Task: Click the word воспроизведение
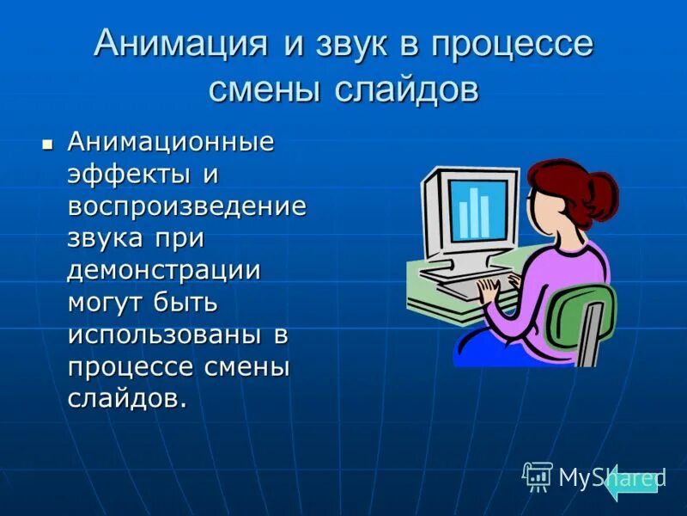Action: (187, 206)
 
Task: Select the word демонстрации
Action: (164, 269)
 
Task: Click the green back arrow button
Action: (631, 482)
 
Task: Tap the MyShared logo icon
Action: (538, 476)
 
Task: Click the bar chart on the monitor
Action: (473, 211)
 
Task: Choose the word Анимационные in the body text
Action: (171, 142)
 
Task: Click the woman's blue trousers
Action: (489, 348)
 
